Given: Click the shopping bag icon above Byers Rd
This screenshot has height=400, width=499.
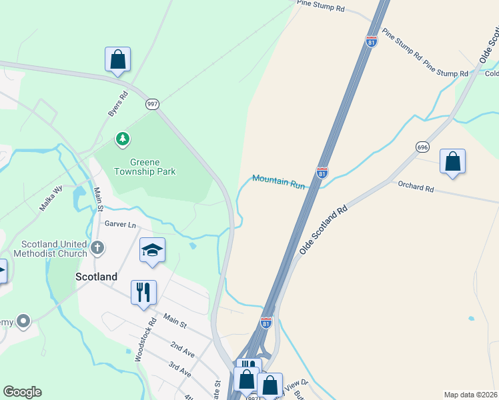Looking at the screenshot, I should (x=117, y=59).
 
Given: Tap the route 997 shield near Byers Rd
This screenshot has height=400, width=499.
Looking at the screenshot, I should (x=153, y=104).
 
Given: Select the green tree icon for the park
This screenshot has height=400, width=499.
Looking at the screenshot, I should (x=122, y=139).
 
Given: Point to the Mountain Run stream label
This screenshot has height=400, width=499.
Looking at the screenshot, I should (x=278, y=181).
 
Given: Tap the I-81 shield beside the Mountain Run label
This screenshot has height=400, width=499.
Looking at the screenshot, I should (x=322, y=173).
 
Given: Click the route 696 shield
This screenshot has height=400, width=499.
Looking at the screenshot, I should (x=422, y=147).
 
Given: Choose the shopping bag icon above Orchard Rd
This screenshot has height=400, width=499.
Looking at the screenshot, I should (x=452, y=162).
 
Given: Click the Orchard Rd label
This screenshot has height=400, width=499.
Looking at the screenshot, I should (x=416, y=187).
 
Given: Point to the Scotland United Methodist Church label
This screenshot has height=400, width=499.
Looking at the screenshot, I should (x=55, y=249).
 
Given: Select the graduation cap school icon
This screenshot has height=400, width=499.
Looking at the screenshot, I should (x=152, y=251).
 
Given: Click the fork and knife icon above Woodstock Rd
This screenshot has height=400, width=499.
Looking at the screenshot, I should (x=143, y=292).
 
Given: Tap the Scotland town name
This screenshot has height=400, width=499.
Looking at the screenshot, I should (x=97, y=277).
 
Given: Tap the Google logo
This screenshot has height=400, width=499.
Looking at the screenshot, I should (x=22, y=392).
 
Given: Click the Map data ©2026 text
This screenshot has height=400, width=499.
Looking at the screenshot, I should (x=470, y=395).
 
